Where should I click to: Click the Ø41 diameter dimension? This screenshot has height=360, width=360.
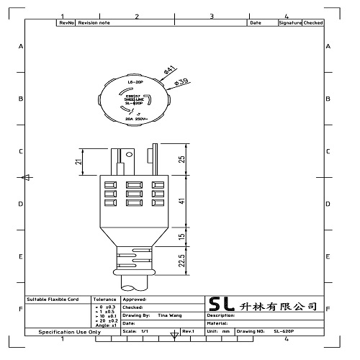(170, 70)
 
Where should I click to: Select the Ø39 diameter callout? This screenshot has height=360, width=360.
(181, 81)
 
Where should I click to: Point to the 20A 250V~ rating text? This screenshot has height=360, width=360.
(137, 118)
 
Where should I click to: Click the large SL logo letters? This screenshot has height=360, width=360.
(220, 305)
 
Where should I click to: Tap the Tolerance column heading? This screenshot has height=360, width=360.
(105, 298)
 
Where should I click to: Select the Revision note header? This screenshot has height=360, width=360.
(94, 23)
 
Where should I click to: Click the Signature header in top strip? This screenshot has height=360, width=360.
(289, 23)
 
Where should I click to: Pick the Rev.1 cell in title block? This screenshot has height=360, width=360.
(189, 331)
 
